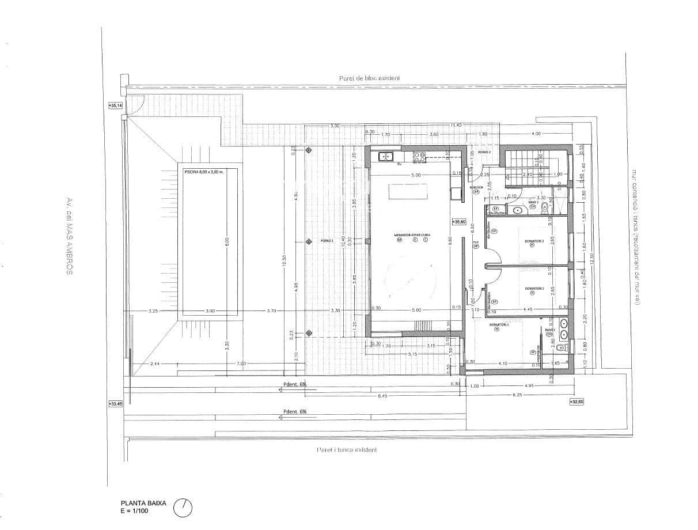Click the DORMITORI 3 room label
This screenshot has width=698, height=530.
(534, 240)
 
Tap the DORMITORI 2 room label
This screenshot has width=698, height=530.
(534, 289)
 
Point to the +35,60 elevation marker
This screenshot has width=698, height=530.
(458, 222)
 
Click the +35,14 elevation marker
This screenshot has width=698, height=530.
(116, 105)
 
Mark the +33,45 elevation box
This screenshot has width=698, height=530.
(116, 404)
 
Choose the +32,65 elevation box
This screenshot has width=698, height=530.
(576, 402)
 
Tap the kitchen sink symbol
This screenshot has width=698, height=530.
(385, 156)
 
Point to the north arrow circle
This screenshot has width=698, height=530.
(183, 507)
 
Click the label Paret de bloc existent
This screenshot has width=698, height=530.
(369, 78)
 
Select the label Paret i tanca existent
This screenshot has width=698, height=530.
(347, 450)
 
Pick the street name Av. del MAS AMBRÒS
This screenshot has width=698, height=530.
(69, 236)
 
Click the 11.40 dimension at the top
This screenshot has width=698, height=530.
(457, 125)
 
